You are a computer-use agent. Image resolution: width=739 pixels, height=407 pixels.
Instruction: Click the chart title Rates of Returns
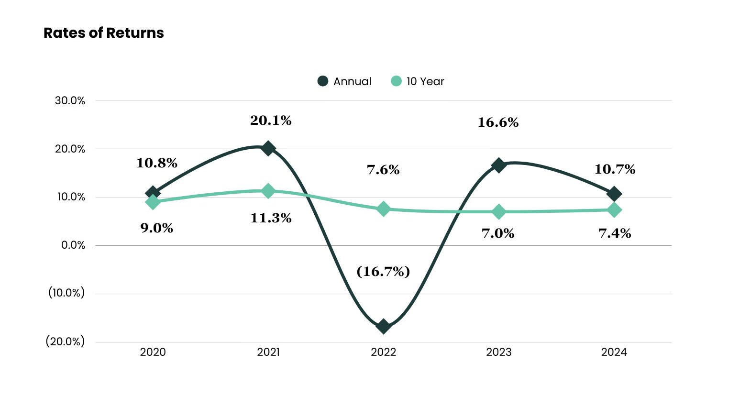103,33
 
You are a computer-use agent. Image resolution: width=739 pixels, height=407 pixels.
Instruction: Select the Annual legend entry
344,81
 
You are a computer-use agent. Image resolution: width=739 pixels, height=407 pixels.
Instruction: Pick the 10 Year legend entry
418,81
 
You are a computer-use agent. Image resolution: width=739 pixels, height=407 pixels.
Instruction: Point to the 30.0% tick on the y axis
70,100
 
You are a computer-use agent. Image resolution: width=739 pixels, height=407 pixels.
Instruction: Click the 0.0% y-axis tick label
73,245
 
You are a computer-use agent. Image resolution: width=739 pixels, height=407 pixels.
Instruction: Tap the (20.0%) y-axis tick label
65,341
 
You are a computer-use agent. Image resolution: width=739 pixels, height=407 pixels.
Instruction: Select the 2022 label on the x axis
383,352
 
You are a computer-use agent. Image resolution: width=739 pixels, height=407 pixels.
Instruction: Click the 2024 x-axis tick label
614,352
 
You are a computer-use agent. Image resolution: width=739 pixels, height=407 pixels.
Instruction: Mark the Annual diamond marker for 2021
268,148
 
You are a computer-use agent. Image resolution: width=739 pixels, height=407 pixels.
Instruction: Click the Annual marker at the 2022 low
383,326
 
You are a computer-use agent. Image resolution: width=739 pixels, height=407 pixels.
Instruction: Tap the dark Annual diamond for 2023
498,165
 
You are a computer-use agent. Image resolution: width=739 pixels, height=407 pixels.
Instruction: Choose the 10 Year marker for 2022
383,209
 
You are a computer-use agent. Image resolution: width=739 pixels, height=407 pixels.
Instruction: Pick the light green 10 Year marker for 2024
614,210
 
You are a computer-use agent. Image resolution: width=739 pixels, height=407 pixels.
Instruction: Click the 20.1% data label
271,121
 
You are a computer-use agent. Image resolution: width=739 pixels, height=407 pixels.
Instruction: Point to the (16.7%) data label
383,271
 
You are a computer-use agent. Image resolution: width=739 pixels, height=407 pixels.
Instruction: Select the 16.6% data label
498,122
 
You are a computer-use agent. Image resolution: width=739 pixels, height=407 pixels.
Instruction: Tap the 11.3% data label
271,218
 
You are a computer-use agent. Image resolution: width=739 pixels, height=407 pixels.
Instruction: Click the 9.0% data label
156,228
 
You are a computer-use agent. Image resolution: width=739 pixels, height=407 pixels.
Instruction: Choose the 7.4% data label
615,233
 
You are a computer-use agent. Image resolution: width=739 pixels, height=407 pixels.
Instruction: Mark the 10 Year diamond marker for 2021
268,191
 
